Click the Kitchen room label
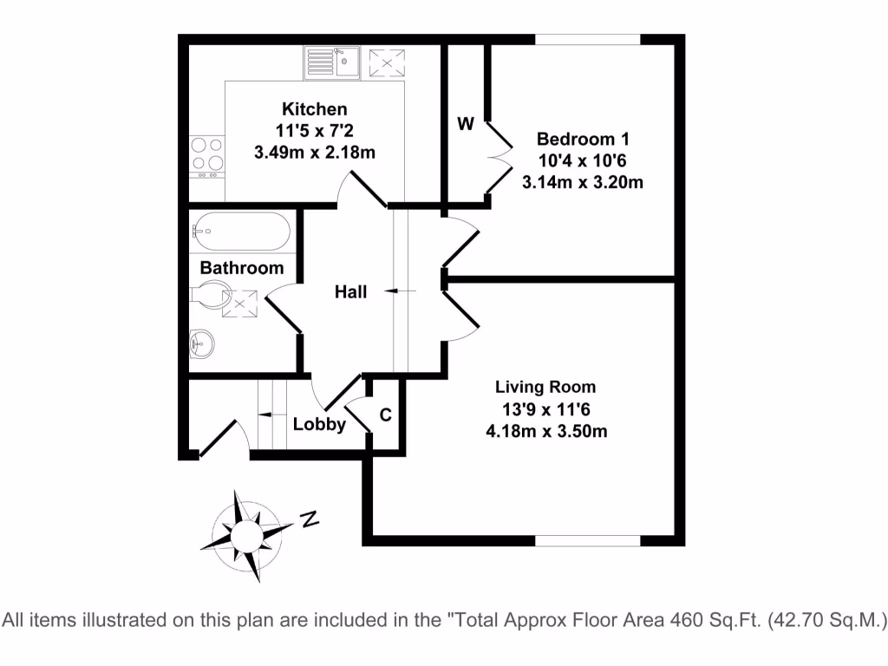click(x=314, y=109)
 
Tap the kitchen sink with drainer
click(x=332, y=62)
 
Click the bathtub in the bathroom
click(x=239, y=231)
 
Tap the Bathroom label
click(x=242, y=268)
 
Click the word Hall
click(x=351, y=292)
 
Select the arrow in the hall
click(x=400, y=291)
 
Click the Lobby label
click(x=319, y=425)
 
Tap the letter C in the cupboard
click(x=386, y=415)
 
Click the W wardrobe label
click(x=466, y=124)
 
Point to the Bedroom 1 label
click(x=583, y=139)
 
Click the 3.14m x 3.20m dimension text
click(x=583, y=182)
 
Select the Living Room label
click(x=545, y=388)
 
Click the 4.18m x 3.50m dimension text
click(x=545, y=430)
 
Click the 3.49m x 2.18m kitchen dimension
click(x=314, y=153)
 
